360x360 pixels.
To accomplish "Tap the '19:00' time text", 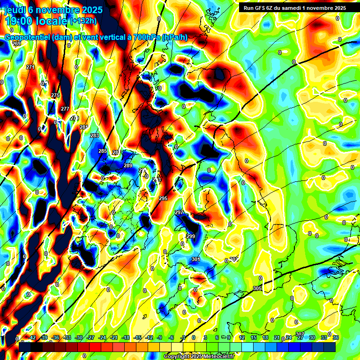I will pos(20,21).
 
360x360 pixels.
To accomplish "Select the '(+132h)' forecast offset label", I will pos(84,21).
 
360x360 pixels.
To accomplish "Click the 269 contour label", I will pos(16,44).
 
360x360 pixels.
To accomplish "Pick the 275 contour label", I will pos(55,95).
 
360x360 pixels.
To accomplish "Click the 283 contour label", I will pos(95,135).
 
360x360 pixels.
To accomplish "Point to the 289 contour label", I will pos(128,165).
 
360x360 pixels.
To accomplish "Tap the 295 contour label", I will pos(163,199).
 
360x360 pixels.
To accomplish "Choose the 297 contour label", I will pos(179,212).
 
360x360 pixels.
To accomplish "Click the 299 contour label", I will pos(191,236).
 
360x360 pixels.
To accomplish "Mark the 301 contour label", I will pos(195,259).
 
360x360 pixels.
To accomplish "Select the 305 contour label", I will pos(257,288).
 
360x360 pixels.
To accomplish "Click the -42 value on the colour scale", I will pos(32,338).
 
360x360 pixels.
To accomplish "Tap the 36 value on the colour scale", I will pos(336,338).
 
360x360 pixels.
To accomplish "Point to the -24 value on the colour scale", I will pos(102,338).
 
